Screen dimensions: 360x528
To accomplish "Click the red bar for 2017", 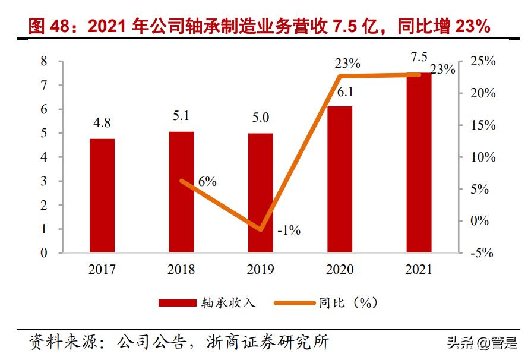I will (x=102, y=195).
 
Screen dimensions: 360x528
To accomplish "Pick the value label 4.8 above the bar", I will (x=102, y=123).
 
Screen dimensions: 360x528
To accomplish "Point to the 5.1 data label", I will (x=181, y=116).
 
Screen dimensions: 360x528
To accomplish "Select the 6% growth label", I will (x=207, y=182).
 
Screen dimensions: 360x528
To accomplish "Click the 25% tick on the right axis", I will (x=482, y=61).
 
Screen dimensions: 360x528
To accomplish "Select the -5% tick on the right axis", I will (x=481, y=253).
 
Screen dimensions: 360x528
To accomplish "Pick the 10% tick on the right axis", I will (x=482, y=157).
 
